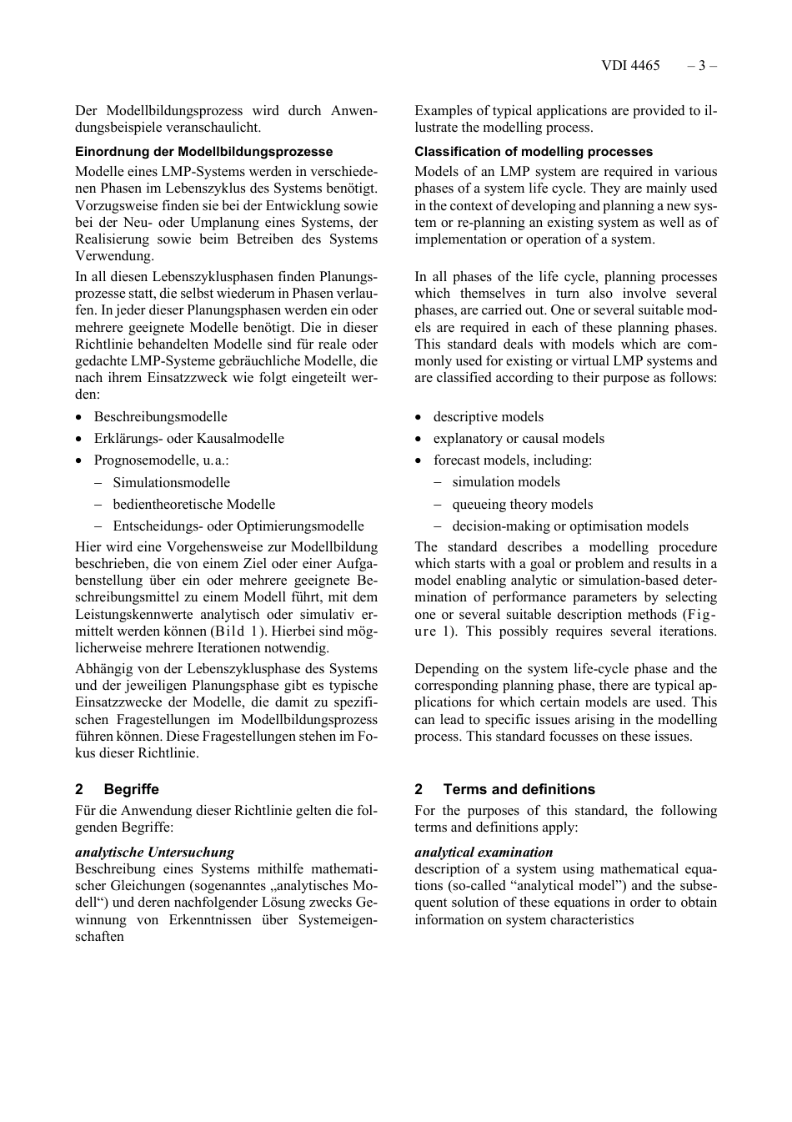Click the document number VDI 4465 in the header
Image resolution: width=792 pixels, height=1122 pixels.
click(629, 66)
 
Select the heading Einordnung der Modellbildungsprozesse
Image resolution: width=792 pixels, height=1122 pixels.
click(203, 152)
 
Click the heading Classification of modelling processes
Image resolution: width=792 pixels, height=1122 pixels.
click(534, 152)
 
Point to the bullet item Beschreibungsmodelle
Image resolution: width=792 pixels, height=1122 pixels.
click(160, 417)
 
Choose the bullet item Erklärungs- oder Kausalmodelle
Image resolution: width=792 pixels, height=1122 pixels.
click(188, 439)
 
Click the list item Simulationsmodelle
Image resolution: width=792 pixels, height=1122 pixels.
click(171, 483)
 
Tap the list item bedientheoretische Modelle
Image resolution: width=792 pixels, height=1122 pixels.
click(193, 505)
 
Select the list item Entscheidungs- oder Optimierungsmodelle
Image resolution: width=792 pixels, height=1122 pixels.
click(238, 526)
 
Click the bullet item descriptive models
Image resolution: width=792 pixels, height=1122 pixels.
click(488, 417)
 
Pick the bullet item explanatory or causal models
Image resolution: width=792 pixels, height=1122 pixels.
click(519, 439)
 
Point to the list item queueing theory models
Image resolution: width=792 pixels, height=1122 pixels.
click(522, 505)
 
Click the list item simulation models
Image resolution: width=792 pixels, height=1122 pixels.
click(506, 482)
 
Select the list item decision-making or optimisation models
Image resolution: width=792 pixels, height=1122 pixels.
click(570, 526)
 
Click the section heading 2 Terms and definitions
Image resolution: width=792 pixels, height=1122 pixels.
click(505, 789)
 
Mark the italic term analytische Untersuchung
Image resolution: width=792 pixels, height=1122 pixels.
click(154, 853)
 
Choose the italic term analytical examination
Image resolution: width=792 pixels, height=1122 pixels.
click(484, 853)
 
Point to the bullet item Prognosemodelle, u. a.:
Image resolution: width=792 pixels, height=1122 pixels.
click(161, 460)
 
